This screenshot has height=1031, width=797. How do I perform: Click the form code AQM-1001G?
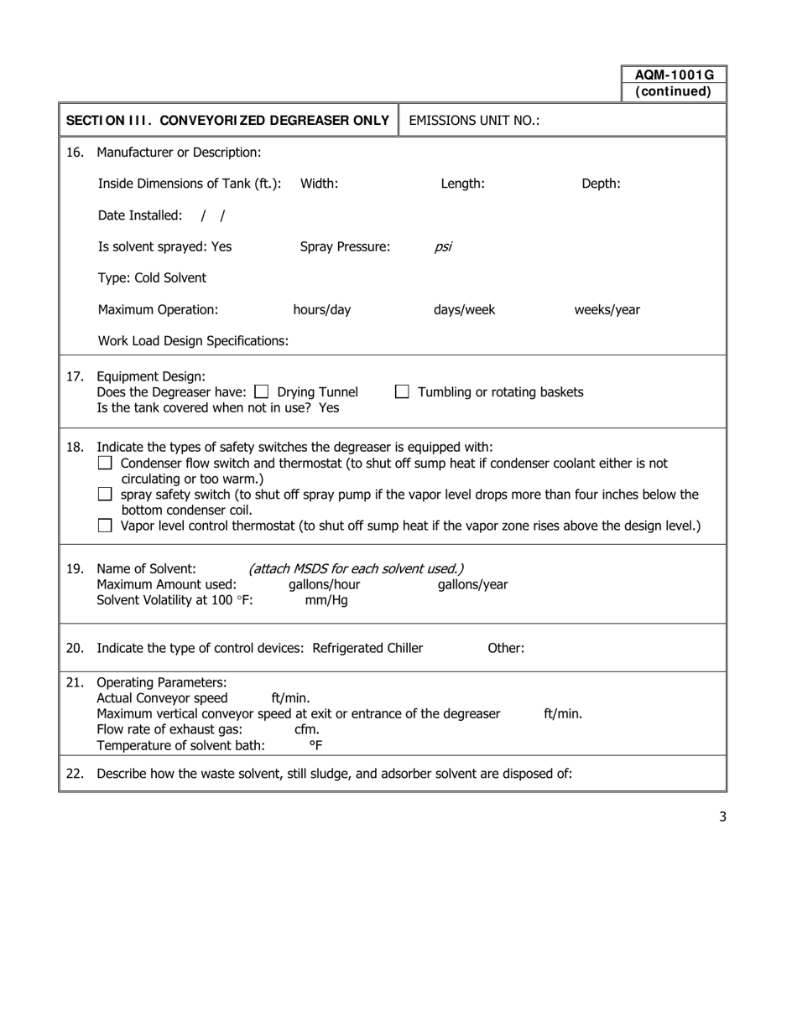click(x=674, y=75)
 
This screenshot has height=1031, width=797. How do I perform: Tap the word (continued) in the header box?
click(x=674, y=91)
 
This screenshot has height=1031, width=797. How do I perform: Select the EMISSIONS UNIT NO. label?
click(x=474, y=121)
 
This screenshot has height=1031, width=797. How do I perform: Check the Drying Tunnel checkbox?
click(x=262, y=391)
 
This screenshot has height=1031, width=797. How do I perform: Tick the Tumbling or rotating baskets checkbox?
click(x=403, y=391)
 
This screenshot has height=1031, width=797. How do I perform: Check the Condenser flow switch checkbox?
click(x=105, y=463)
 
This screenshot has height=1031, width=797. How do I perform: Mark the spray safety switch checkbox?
click(x=105, y=495)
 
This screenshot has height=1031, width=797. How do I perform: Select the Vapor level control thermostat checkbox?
click(x=105, y=526)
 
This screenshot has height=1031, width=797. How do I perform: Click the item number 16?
click(x=75, y=153)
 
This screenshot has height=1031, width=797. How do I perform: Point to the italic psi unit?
click(x=443, y=247)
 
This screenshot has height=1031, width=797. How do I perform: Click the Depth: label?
click(x=601, y=184)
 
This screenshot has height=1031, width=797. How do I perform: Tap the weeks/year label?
click(x=607, y=310)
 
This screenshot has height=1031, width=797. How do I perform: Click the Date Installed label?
click(x=139, y=215)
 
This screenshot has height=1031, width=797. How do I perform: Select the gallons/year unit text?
click(x=472, y=585)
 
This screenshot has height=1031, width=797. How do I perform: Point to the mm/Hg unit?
click(x=326, y=601)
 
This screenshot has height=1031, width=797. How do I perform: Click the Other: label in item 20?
click(x=506, y=648)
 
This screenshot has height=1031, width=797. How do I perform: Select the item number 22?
click(x=75, y=774)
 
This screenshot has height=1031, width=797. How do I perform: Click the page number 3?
click(x=722, y=816)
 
